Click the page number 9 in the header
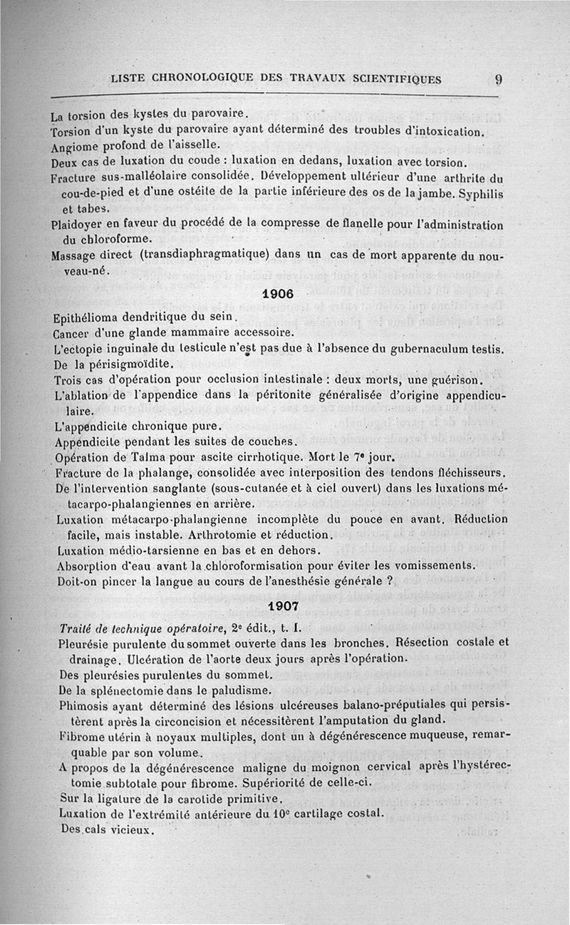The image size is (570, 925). coord(499,79)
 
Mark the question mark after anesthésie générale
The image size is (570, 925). coord(391,581)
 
